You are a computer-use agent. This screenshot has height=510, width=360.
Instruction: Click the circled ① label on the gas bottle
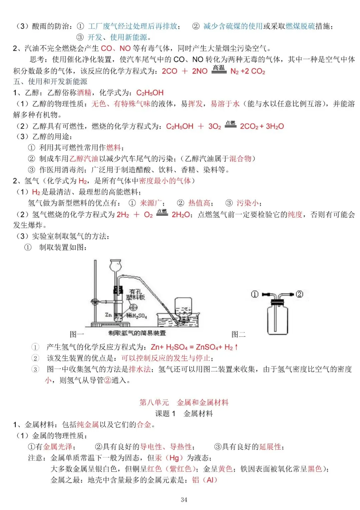click(255, 294)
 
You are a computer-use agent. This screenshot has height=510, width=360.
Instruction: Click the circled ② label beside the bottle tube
click(299, 294)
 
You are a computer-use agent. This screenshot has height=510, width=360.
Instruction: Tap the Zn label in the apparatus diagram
click(108, 314)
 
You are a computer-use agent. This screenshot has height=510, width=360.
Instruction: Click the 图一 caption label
click(77, 334)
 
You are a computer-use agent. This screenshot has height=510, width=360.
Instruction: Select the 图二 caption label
click(238, 334)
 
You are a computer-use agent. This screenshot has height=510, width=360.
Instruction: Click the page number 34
click(184, 500)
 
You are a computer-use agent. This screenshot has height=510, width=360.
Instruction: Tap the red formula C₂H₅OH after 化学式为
click(150, 93)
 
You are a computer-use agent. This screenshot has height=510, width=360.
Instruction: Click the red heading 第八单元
click(154, 402)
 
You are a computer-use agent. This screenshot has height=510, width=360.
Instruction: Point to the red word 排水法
click(140, 369)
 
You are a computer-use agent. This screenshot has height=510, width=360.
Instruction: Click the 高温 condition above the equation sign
click(219, 68)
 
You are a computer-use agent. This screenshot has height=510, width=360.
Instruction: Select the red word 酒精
click(84, 93)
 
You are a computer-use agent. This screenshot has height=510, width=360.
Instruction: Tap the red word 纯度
click(295, 215)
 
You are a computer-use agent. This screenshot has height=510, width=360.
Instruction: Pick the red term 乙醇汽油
click(84, 159)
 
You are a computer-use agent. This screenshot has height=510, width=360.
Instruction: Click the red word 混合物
click(240, 159)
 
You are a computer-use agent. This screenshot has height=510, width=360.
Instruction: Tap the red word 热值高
click(199, 203)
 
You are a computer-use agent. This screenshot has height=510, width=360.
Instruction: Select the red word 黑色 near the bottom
click(315, 469)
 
